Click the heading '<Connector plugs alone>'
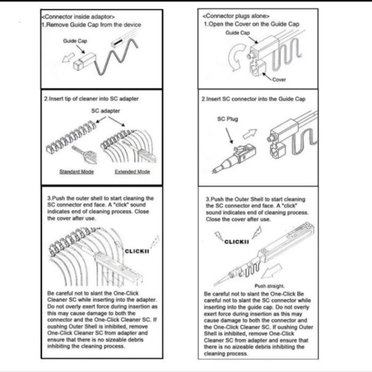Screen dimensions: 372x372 pos(237,16)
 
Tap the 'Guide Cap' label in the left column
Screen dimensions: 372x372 pos(75,41)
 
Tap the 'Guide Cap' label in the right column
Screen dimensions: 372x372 pos(238,33)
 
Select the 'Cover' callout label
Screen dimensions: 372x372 pos(279,80)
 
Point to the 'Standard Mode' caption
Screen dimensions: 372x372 pos(77,172)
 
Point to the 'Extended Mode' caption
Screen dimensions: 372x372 pos(133,172)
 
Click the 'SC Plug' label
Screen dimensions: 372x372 pos(227,119)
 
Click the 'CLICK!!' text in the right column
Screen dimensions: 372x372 pos(237,242)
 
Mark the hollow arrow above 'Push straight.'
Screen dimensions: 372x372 pos(277,269)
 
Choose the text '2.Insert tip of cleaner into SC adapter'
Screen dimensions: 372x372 pos(91,99)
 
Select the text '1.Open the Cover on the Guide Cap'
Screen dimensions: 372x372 pos(252,24)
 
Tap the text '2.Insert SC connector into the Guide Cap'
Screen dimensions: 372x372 pos(253,99)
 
